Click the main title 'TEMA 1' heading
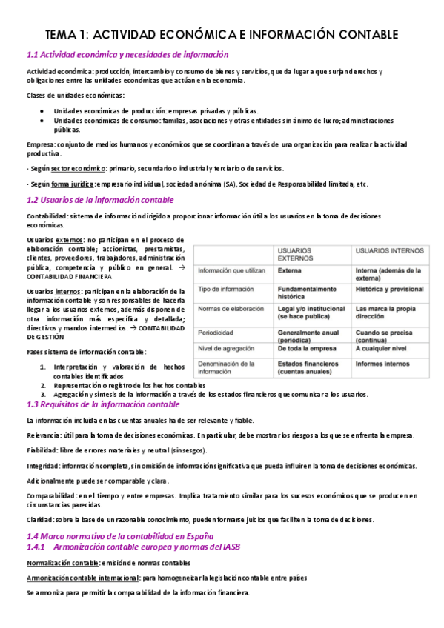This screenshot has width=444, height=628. coord(222,35)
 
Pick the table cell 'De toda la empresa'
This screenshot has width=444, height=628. coord(311,347)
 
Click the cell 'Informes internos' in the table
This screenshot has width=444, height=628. coord(382,364)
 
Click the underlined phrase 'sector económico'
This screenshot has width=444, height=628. coord(79,169)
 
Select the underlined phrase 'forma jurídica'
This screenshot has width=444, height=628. coord(73,184)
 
